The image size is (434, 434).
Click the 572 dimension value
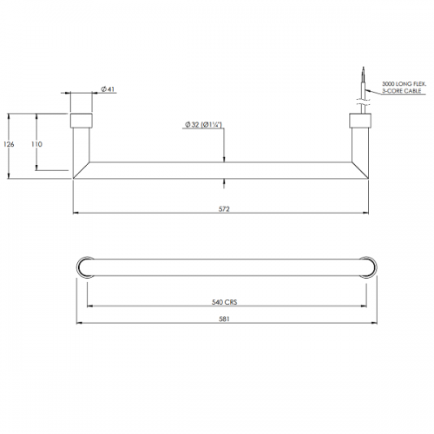point(224,209)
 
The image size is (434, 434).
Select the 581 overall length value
point(224,319)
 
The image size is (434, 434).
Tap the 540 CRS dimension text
point(225,302)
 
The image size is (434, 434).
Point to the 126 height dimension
point(9,144)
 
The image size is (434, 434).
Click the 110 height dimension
point(36,144)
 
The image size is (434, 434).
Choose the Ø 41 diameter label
point(108,89)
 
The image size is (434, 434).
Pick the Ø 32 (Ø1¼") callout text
point(203,125)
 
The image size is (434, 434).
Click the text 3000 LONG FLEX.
point(404,84)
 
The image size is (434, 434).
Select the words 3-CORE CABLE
point(402,91)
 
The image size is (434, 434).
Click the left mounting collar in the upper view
point(82,121)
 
